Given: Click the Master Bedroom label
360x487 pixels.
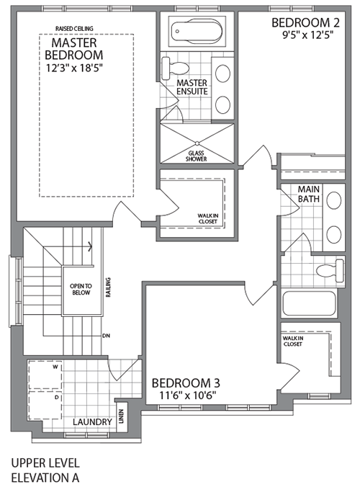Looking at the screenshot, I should pos(73,47).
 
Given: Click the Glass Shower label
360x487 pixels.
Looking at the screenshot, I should pos(197,156).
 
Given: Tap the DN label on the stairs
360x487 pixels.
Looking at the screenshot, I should pos(106,336).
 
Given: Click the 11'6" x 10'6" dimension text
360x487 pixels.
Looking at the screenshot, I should pos(185,396).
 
